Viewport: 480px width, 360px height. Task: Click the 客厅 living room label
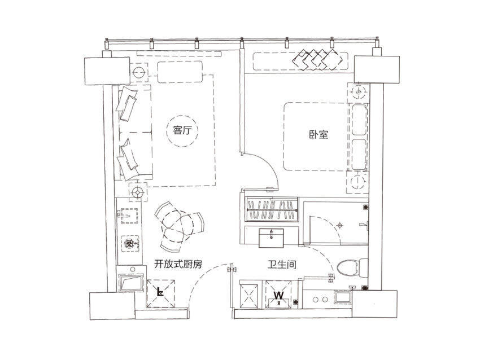pos(182,130)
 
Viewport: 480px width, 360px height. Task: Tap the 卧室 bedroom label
pos(318,134)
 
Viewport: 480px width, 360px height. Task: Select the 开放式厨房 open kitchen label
pos(178,264)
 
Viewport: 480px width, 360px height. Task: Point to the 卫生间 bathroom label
pos(282,265)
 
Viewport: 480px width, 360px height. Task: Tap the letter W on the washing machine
pos(279,296)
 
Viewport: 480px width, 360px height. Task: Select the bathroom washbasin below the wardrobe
pos(271,238)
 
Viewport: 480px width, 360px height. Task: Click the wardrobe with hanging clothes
pos(272,209)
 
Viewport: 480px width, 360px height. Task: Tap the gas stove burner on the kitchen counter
pos(130,243)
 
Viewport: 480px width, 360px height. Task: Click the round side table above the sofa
pos(139,72)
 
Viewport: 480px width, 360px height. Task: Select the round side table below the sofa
pos(137,192)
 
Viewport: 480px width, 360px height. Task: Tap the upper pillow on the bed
pos(359,120)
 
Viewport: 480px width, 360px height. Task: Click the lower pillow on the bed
pos(359,155)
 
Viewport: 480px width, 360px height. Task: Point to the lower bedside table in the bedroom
pos(357,182)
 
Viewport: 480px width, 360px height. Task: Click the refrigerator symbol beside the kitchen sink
pos(161,293)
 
